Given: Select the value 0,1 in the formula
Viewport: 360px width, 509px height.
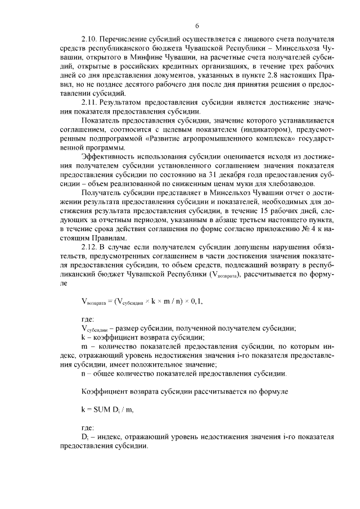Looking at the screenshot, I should pyautogui.click(x=195, y=301).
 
